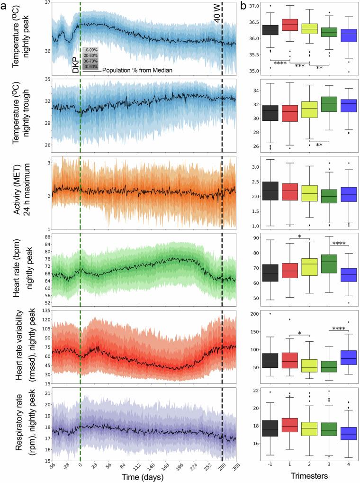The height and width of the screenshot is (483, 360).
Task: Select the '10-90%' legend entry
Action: pos(90,50)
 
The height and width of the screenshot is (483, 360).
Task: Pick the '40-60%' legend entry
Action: pos(90,67)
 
